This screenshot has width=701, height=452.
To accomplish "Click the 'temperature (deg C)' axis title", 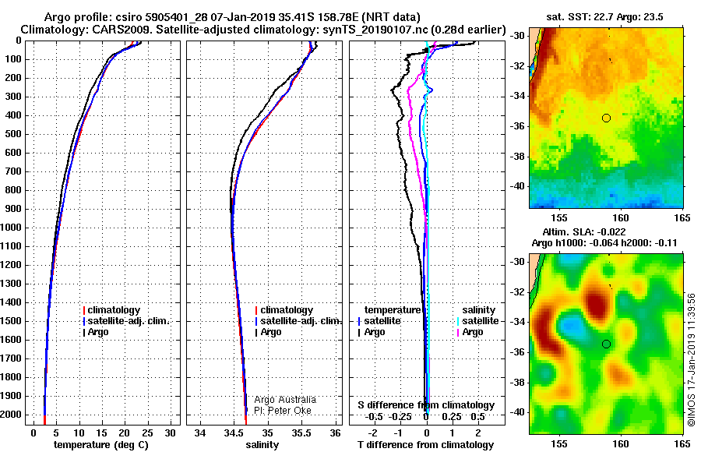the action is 100,444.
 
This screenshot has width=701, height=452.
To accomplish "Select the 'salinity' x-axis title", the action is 262,444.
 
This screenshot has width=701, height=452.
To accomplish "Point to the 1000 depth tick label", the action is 11,228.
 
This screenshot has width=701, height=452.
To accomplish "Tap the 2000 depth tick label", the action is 11,415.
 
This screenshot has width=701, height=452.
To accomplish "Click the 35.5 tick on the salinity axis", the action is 301,433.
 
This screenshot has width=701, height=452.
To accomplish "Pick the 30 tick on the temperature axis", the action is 170,433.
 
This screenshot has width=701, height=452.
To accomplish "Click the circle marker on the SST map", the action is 606,118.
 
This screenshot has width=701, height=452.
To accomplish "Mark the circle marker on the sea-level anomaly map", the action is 606,344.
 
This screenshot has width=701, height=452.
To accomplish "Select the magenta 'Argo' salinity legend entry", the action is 470,332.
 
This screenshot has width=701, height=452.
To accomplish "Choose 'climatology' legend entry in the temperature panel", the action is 111,310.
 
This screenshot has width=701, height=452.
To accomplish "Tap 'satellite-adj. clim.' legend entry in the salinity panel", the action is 298,321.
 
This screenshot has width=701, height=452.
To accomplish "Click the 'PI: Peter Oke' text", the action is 283,411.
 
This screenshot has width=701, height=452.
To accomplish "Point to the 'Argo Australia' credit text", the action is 285,400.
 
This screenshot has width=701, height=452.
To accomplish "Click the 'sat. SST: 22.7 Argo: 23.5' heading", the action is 604,17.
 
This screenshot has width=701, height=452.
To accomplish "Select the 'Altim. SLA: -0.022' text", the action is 584,231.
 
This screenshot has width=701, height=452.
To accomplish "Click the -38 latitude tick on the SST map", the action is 519,157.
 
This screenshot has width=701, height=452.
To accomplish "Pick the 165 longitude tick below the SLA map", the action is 682,443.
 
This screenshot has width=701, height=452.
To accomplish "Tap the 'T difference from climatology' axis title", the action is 425,444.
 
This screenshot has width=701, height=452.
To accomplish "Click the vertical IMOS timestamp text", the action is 692,359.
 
